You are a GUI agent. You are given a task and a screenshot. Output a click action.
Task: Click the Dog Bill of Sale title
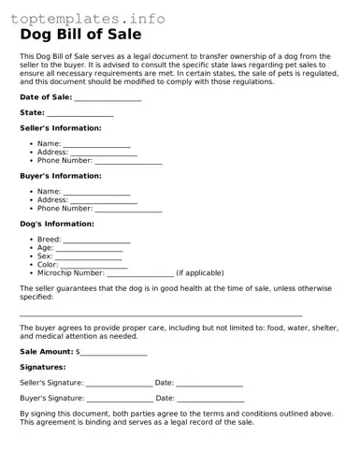point(80,36)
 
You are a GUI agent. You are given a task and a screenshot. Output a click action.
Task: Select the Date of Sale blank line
point(108,97)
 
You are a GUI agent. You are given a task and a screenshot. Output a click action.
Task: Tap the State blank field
point(80,113)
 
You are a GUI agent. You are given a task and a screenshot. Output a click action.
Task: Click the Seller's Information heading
point(61,128)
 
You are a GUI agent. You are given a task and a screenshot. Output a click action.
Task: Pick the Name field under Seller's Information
point(96,144)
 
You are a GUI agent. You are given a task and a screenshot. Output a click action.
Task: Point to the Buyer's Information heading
point(61,176)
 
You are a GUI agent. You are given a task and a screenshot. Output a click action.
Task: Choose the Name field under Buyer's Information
point(96,192)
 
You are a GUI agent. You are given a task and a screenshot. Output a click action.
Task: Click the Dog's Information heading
point(57,225)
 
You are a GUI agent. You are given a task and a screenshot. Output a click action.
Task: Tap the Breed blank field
point(96,241)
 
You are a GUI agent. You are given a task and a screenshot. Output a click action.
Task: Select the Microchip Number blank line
point(140,273)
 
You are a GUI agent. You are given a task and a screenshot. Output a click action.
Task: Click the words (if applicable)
point(200,273)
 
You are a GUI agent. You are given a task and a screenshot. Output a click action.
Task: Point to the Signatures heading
point(42,368)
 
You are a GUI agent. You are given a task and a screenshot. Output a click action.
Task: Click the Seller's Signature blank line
point(119,384)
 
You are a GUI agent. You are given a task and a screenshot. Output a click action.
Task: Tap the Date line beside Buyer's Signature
point(210,399)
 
